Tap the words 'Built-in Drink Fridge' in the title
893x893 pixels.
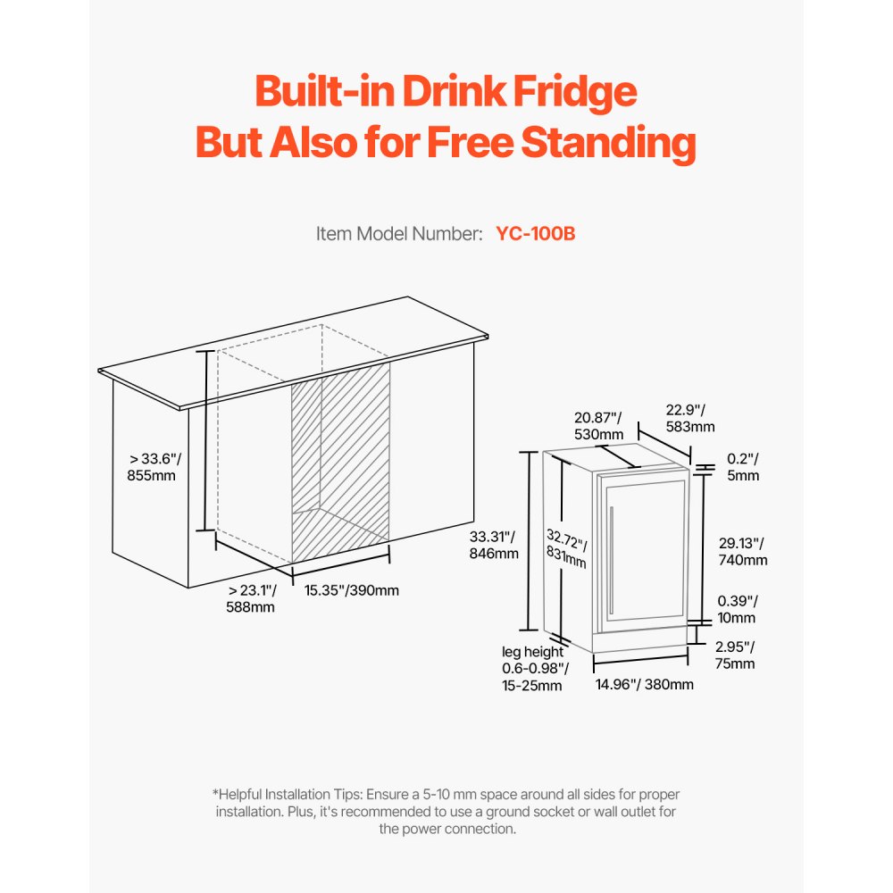click(446, 93)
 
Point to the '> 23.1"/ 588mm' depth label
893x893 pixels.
click(252, 598)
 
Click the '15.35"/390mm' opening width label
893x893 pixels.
click(351, 590)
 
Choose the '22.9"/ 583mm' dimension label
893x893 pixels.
click(690, 418)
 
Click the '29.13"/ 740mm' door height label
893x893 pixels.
click(743, 552)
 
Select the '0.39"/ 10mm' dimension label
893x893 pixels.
click(738, 609)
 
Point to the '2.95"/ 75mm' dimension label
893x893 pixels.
click(735, 655)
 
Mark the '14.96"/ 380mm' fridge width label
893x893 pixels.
click(644, 685)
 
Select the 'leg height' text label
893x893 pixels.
click(532, 652)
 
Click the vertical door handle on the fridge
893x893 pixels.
click(611, 560)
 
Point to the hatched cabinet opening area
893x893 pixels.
click(341, 455)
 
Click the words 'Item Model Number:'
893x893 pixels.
click(399, 234)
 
